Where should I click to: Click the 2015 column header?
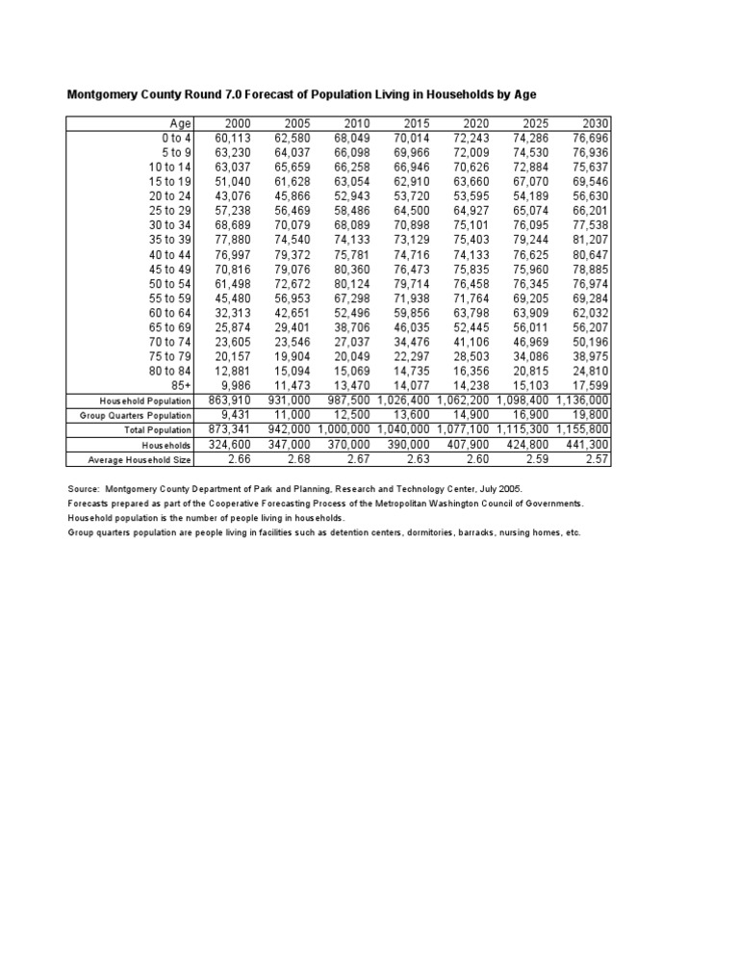(417, 123)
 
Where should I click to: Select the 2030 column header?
(596, 123)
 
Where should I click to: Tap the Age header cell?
(181, 123)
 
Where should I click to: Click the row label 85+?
(181, 387)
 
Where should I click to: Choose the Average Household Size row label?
(140, 460)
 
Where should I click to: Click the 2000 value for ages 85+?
(236, 387)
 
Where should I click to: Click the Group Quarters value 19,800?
(590, 415)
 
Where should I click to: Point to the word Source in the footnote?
(84, 489)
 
